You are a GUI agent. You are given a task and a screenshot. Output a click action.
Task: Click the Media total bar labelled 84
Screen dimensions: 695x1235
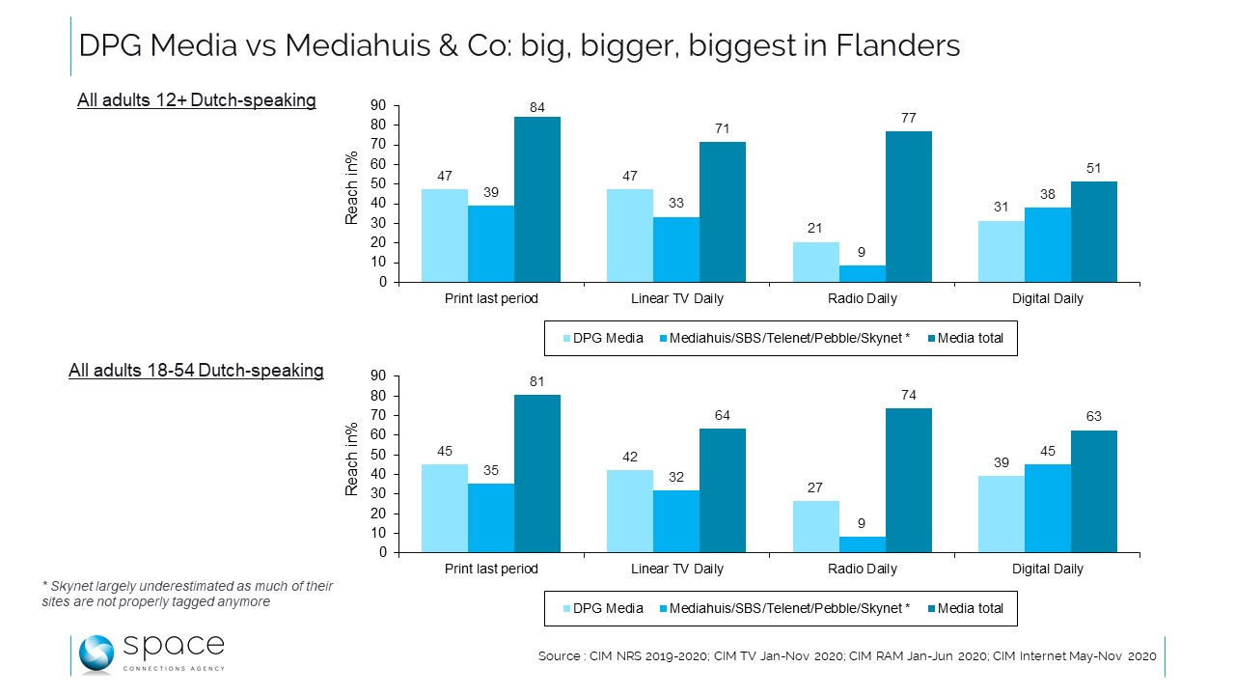coord(536,199)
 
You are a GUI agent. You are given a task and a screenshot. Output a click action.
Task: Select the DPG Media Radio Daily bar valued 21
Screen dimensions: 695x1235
coord(815,262)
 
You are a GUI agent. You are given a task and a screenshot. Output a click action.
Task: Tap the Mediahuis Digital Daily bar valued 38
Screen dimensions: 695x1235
coord(1047,244)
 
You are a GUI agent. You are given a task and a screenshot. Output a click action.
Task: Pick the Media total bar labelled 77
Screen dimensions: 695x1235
coord(908,207)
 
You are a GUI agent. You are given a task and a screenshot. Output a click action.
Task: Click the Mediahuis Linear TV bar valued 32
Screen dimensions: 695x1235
coord(676,521)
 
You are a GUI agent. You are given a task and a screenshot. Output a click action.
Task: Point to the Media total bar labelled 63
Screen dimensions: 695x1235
coord(1093,491)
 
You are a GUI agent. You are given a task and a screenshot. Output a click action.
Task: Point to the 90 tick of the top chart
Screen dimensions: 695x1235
coord(380,105)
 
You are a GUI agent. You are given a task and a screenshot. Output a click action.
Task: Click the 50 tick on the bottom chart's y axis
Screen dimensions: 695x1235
coord(380,455)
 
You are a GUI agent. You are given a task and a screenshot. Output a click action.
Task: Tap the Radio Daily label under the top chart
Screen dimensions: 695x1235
coord(862,299)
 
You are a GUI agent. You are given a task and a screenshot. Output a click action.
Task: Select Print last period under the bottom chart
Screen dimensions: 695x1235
coord(491,570)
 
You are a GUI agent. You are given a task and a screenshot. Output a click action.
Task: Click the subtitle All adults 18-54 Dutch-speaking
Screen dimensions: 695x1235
coord(196,371)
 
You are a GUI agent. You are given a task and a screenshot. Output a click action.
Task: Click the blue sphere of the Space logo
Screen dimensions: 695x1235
coord(96,654)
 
